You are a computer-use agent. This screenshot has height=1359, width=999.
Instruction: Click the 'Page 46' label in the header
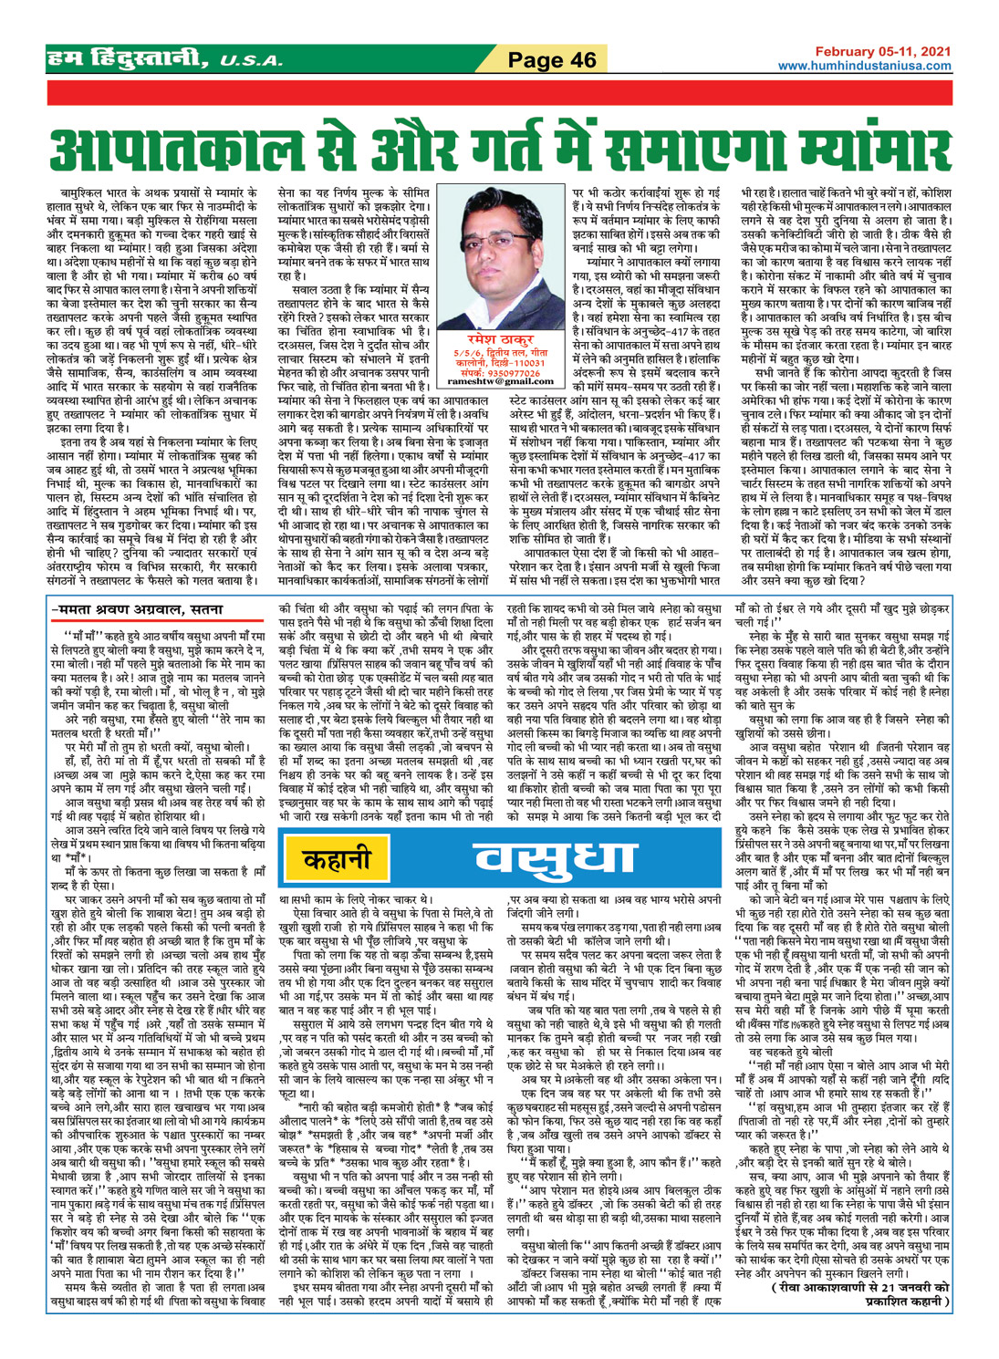(x=551, y=60)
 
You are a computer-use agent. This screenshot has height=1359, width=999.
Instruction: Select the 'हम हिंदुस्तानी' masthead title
(x=128, y=60)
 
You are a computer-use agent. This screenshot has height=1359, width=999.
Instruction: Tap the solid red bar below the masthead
(x=499, y=95)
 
